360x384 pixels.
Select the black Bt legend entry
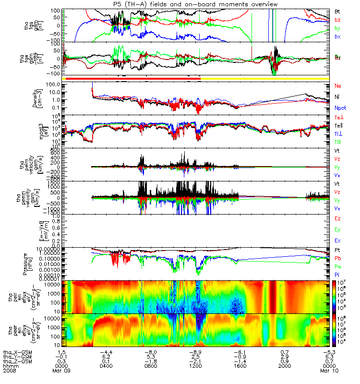tap(337, 11)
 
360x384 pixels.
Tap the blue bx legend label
tap(337, 36)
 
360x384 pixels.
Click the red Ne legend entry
tap(338, 85)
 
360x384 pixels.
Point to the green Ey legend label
tap(338, 230)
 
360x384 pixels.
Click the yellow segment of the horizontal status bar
tap(264, 78)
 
